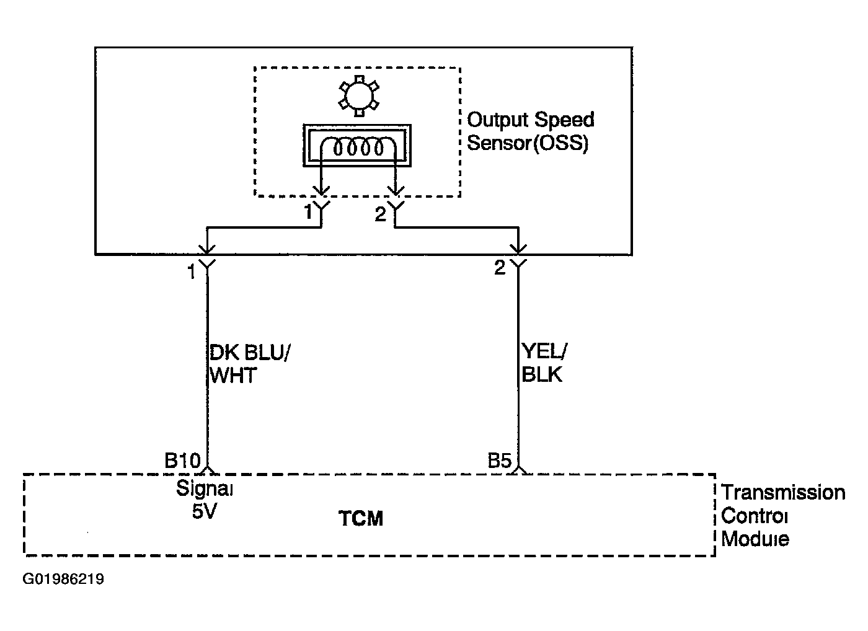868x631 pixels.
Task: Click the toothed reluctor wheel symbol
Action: point(359,95)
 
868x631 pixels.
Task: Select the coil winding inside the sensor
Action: point(358,148)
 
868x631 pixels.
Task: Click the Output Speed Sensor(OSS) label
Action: point(530,131)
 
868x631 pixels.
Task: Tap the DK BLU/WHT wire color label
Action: point(249,364)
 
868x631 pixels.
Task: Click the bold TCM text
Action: point(361,518)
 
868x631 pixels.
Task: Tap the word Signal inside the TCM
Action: point(204,489)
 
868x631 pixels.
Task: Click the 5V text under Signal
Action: point(204,511)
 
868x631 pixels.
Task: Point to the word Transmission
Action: point(782,493)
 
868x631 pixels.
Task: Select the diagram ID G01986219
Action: point(63,579)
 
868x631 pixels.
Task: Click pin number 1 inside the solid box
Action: point(308,212)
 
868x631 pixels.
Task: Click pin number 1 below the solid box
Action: point(191,272)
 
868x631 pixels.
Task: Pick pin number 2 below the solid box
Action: point(500,268)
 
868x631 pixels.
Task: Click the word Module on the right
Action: point(755,539)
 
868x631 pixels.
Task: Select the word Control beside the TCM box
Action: point(754,516)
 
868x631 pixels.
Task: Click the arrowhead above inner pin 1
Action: point(321,191)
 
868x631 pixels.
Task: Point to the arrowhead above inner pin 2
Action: point(396,191)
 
